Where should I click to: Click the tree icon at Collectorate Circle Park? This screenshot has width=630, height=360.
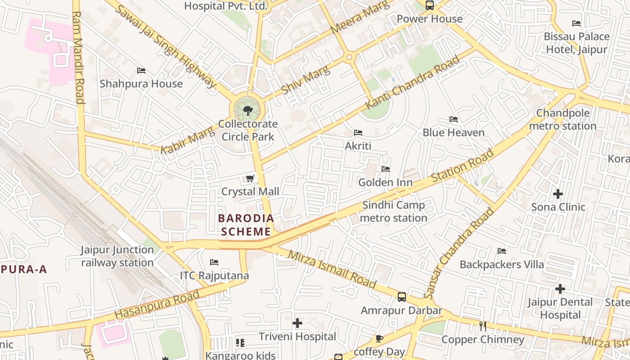coord(247,110)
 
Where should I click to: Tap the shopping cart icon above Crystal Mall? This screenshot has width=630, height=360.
coord(250,179)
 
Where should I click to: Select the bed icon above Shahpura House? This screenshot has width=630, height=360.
coord(141,71)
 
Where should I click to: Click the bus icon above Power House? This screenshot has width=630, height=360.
coord(430,5)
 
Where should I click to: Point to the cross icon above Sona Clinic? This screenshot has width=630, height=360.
coord(558,194)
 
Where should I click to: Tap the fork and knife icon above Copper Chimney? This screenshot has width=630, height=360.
coord(483,326)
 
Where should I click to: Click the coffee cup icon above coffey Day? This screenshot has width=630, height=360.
coord(379,338)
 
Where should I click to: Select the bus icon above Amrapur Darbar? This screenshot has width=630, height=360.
coord(402,297)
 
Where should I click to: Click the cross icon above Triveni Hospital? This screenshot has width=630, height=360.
coord(297,323)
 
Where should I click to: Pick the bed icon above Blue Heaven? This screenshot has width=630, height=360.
coord(454,119)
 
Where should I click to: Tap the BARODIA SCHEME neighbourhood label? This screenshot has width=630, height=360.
coord(246,225)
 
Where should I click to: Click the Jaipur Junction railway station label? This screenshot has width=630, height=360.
coord(117,256)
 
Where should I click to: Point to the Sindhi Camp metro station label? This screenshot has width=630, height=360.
coord(394,211)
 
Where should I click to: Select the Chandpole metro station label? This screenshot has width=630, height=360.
coord(562,119)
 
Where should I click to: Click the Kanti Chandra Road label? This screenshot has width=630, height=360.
coord(413,81)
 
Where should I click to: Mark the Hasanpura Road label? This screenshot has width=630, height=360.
coord(157,305)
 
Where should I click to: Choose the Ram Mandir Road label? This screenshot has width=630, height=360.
coord(78,57)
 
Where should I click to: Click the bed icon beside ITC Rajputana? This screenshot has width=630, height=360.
coord(214,262)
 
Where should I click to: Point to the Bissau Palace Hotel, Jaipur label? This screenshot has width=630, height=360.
coord(577,43)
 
